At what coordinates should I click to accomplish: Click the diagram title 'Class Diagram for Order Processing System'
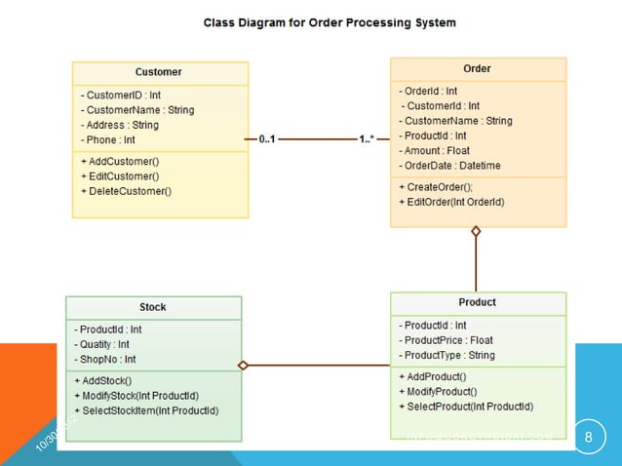point(329,21)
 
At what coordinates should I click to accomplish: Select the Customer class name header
point(159,72)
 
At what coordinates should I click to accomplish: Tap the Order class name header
point(477,68)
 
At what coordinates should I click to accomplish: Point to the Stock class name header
point(153,307)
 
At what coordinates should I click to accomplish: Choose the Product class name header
point(477,302)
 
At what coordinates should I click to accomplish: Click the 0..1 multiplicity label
point(267,139)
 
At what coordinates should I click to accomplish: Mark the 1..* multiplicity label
point(368,139)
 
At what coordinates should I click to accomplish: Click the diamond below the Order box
point(476,232)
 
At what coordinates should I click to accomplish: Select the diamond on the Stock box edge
point(244,366)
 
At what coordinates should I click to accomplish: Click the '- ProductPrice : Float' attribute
point(448,340)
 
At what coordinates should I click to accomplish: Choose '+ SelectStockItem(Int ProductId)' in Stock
point(146,410)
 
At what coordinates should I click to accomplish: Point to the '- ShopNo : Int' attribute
point(107,359)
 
